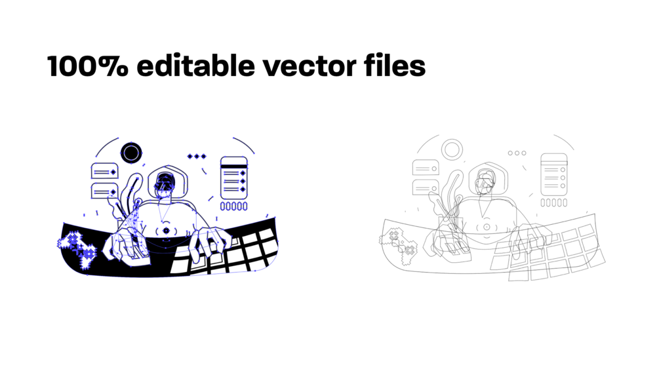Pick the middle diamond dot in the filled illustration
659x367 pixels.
point(197,156)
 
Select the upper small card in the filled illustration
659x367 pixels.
point(105,171)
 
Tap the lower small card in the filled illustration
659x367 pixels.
point(105,191)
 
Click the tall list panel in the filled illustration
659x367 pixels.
point(233,178)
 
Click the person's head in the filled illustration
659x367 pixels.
point(165,184)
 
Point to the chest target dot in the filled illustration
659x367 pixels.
point(167,231)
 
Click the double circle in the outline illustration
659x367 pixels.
point(452,140)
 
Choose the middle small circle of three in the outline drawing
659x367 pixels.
point(517,153)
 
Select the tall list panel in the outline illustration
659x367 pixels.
point(554,175)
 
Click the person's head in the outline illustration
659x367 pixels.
point(485,182)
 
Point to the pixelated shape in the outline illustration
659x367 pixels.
point(399,245)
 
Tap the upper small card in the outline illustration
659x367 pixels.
point(426,168)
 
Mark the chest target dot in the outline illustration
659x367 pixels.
point(487,227)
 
